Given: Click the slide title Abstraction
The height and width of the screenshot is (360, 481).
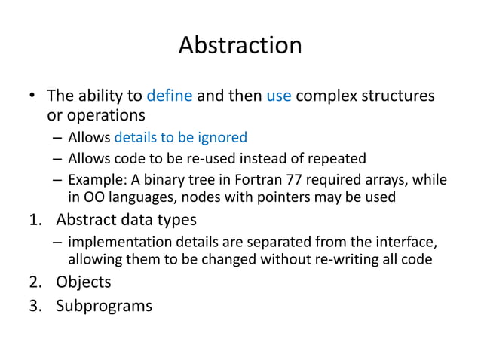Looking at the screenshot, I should pyautogui.click(x=240, y=45).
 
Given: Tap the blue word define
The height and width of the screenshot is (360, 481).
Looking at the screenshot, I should pyautogui.click(x=170, y=96).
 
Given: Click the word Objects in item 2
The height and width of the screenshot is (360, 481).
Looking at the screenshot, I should pyautogui.click(x=84, y=282).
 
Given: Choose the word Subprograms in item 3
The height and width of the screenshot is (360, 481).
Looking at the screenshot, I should pyautogui.click(x=104, y=306).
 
